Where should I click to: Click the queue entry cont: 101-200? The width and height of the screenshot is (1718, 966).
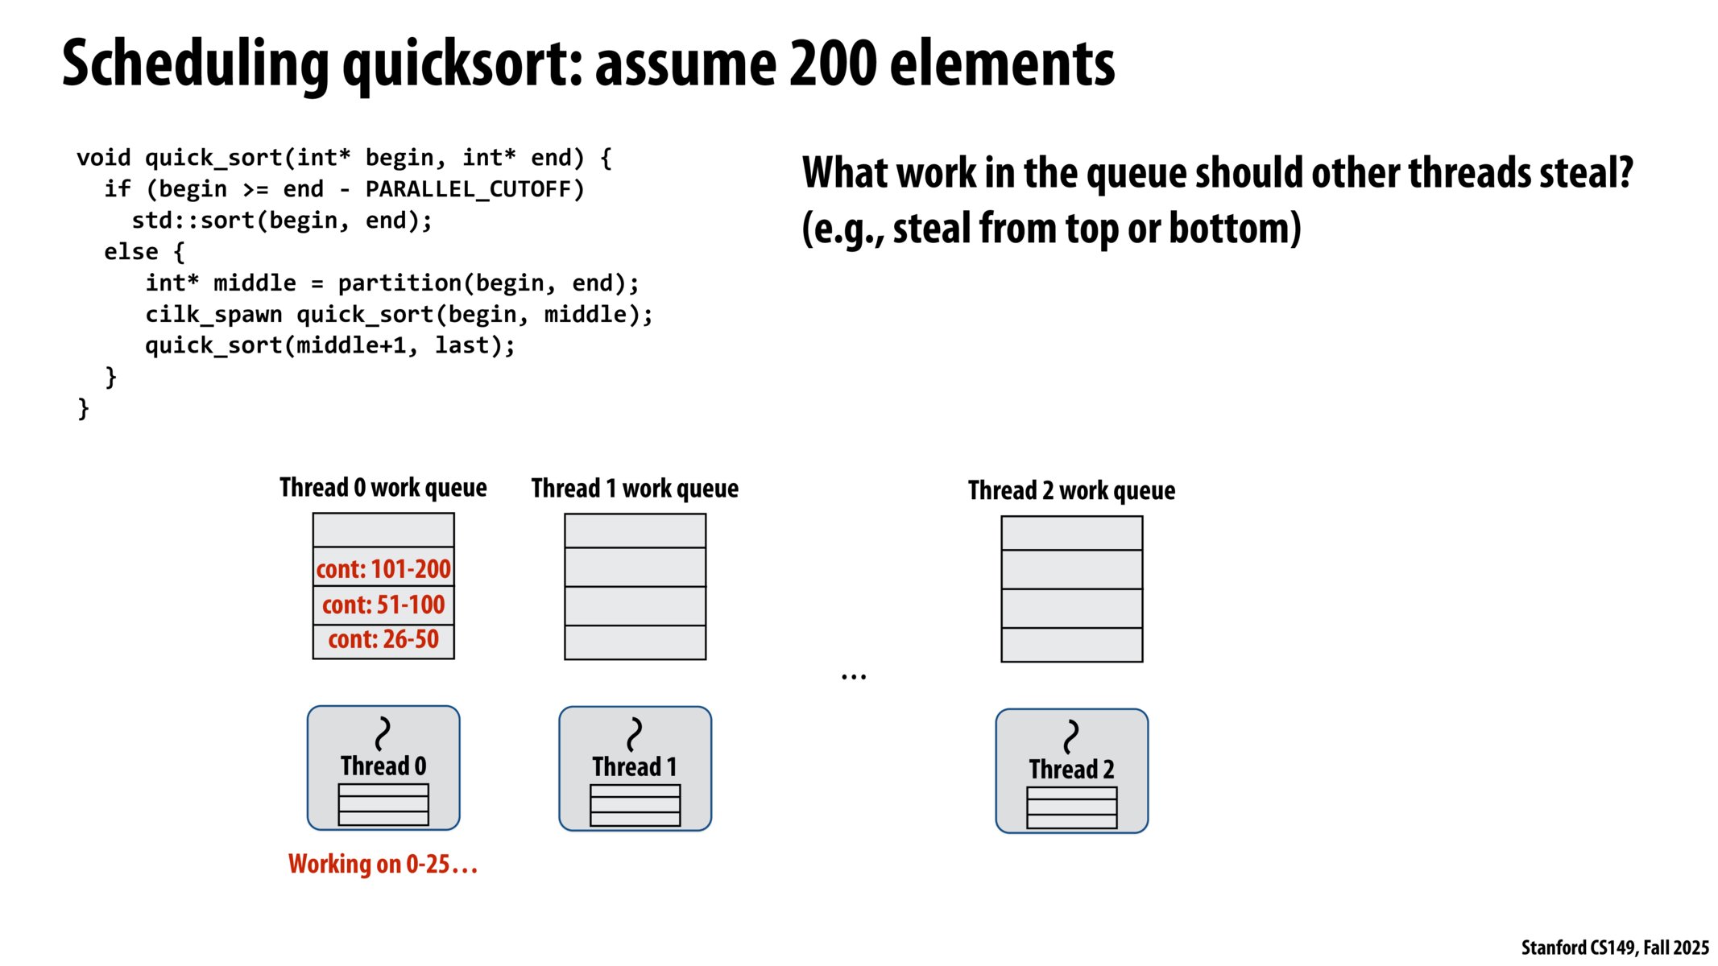(x=383, y=569)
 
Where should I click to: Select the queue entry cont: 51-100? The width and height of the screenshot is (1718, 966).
(x=383, y=605)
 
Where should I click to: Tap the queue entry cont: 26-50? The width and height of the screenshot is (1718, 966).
(x=383, y=640)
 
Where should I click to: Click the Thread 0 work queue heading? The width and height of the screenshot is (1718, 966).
(x=383, y=488)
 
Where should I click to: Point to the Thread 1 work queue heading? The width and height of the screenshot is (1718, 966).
(x=635, y=489)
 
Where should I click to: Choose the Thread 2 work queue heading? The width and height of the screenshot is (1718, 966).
(x=1071, y=490)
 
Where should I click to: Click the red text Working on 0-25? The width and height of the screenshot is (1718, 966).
(x=383, y=865)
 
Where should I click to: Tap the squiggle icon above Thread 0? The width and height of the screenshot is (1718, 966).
(x=383, y=733)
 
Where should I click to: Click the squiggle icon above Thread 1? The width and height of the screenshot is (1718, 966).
(x=635, y=734)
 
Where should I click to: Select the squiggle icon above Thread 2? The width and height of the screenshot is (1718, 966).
(x=1071, y=737)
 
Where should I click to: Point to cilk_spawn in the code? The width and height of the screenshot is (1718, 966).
(x=213, y=315)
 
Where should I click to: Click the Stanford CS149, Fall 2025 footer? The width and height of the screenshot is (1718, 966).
(x=1614, y=947)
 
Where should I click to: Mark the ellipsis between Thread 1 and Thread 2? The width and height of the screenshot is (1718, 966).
(x=854, y=677)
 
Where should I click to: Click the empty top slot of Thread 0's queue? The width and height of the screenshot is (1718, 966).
(x=383, y=530)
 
